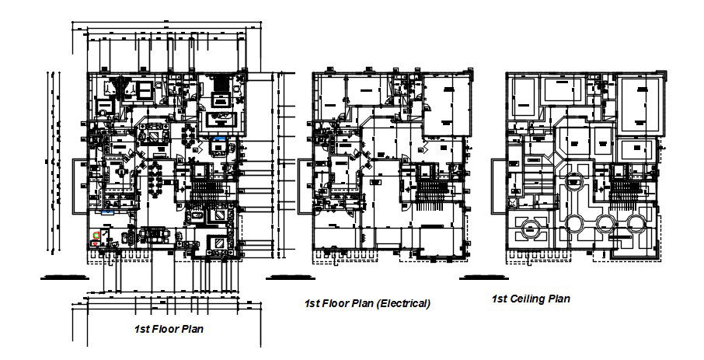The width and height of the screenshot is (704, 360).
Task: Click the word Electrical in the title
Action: (x=403, y=304)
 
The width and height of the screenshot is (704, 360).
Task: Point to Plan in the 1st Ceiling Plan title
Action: (x=559, y=299)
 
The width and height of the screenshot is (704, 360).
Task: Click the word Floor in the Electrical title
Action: (x=334, y=304)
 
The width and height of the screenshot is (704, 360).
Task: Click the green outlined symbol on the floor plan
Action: (x=96, y=232)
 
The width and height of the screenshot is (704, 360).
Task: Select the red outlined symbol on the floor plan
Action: (x=95, y=244)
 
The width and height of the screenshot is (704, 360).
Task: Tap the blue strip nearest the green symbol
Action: (x=107, y=211)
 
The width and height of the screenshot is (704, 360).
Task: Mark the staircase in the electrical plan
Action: (x=429, y=190)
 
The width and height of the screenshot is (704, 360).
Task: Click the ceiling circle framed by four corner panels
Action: (x=531, y=228)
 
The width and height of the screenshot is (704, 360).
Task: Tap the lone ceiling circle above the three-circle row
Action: (x=576, y=183)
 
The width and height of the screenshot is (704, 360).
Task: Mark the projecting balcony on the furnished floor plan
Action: (x=80, y=186)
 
